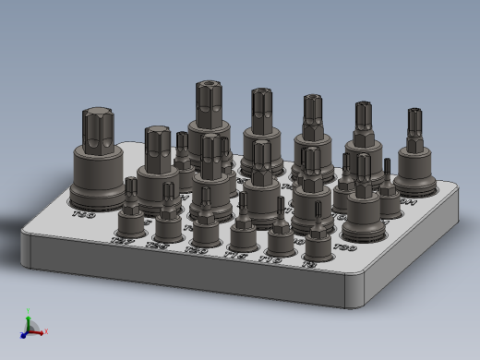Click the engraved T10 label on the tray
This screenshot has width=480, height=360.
[x=270, y=261]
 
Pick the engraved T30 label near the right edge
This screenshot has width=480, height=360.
[x=345, y=247]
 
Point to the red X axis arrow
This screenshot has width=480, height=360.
[x=40, y=331]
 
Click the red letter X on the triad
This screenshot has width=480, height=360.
[x=46, y=330]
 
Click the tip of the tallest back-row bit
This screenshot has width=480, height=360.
[x=209, y=90]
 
